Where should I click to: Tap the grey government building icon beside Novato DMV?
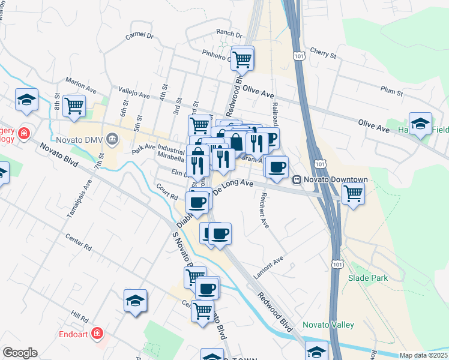click(112, 140)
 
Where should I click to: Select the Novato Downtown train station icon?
click(297, 180)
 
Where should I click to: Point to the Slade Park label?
click(368, 278)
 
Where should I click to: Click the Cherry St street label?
click(322, 54)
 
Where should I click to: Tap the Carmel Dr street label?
click(140, 36)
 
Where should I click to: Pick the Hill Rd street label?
click(79, 316)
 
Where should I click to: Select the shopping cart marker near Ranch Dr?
click(242, 59)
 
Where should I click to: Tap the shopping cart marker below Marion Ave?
click(74, 106)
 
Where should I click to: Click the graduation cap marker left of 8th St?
click(26, 100)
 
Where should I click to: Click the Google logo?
click(20, 353)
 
